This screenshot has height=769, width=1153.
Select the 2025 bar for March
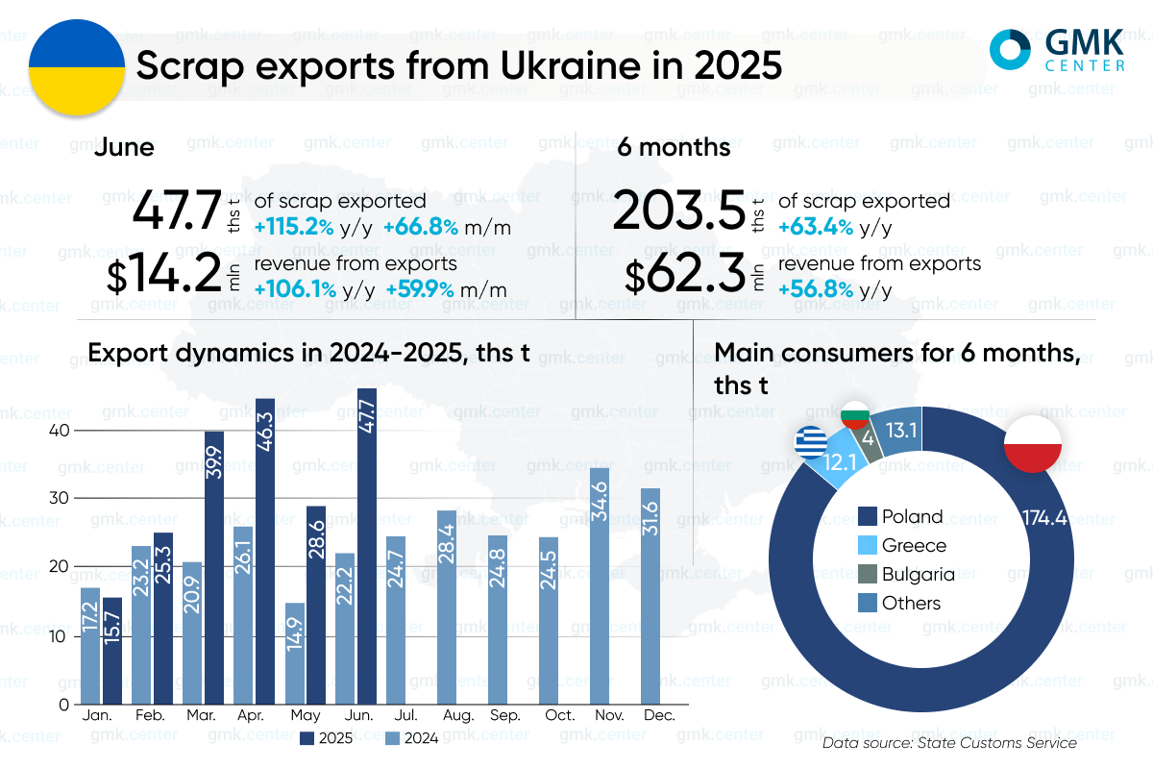point(214,567)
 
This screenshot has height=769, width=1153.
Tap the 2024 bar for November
point(600,585)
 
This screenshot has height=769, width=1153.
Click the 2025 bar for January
point(112,650)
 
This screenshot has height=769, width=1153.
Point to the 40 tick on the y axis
point(61,430)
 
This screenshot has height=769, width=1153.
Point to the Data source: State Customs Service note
point(949,743)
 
